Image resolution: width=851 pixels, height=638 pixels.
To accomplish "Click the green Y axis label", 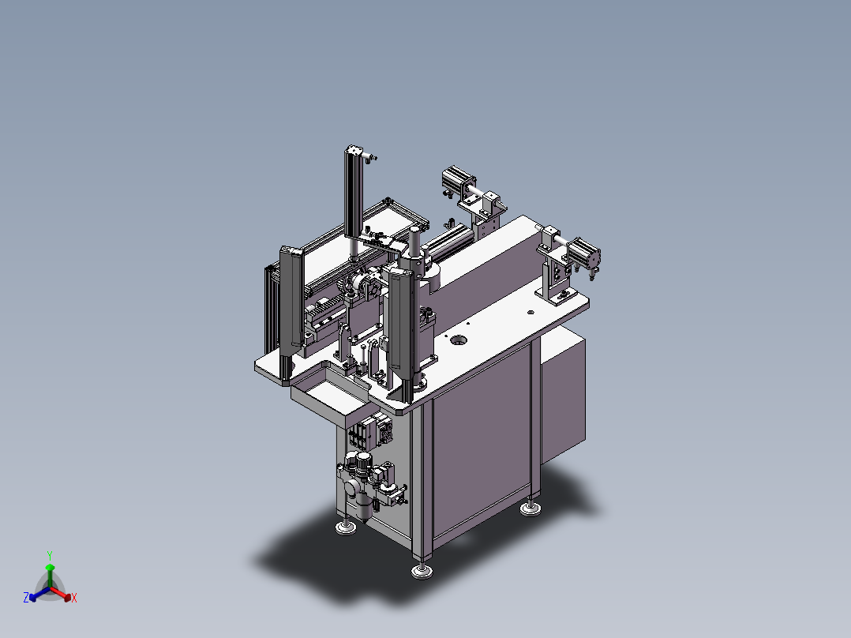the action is tap(50, 555).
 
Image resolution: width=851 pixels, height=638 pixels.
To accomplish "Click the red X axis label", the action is tap(74, 598).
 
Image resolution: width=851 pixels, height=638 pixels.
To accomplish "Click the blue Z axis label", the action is tap(26, 597).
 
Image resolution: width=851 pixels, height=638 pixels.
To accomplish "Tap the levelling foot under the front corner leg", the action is tap(422, 571).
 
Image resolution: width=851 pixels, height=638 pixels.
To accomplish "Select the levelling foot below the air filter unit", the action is tap(346, 527).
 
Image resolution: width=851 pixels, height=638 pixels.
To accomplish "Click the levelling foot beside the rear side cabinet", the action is tap(530, 509).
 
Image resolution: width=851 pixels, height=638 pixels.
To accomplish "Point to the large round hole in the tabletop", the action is tap(459, 340).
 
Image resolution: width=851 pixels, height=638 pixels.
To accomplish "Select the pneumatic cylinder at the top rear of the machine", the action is tap(459, 180).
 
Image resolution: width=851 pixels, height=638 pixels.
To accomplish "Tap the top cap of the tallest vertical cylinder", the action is tap(354, 150).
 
